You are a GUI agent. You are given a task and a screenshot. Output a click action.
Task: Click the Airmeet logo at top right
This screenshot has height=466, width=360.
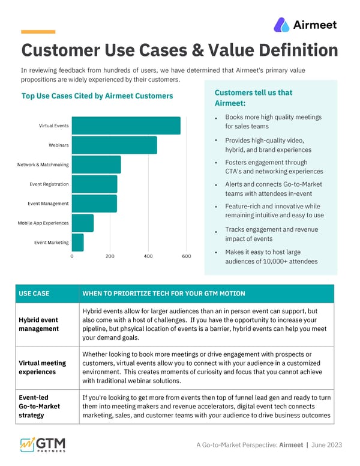point(305,25)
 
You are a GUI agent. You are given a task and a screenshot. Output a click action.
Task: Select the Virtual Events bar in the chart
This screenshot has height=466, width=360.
point(126,126)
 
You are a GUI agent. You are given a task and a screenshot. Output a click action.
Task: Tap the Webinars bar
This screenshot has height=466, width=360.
point(114,145)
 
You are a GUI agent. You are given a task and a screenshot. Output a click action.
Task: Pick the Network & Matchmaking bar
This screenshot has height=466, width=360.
point(96,165)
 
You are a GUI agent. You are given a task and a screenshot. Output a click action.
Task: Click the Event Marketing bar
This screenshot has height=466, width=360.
point(78,243)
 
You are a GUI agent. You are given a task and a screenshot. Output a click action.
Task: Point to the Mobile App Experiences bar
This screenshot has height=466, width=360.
point(83,223)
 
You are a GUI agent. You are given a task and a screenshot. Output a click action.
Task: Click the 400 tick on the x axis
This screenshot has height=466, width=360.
point(148,256)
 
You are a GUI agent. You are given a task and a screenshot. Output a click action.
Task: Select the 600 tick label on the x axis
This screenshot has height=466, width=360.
point(186,256)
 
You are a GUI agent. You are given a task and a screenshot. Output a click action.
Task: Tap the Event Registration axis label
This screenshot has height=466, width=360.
point(49,184)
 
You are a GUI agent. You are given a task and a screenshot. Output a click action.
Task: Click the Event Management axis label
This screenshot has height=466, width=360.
point(48,204)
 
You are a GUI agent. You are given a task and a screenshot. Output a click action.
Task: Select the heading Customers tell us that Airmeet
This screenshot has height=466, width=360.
point(253,98)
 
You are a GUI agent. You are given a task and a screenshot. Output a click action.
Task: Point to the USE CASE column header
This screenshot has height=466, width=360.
point(34,294)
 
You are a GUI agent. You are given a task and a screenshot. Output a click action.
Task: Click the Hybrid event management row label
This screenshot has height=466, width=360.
point(39,324)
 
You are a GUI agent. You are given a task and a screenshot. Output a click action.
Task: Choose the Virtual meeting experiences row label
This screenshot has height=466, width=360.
point(43,368)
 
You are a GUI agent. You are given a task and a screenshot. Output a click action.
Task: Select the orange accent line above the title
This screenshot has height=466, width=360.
point(38,32)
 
